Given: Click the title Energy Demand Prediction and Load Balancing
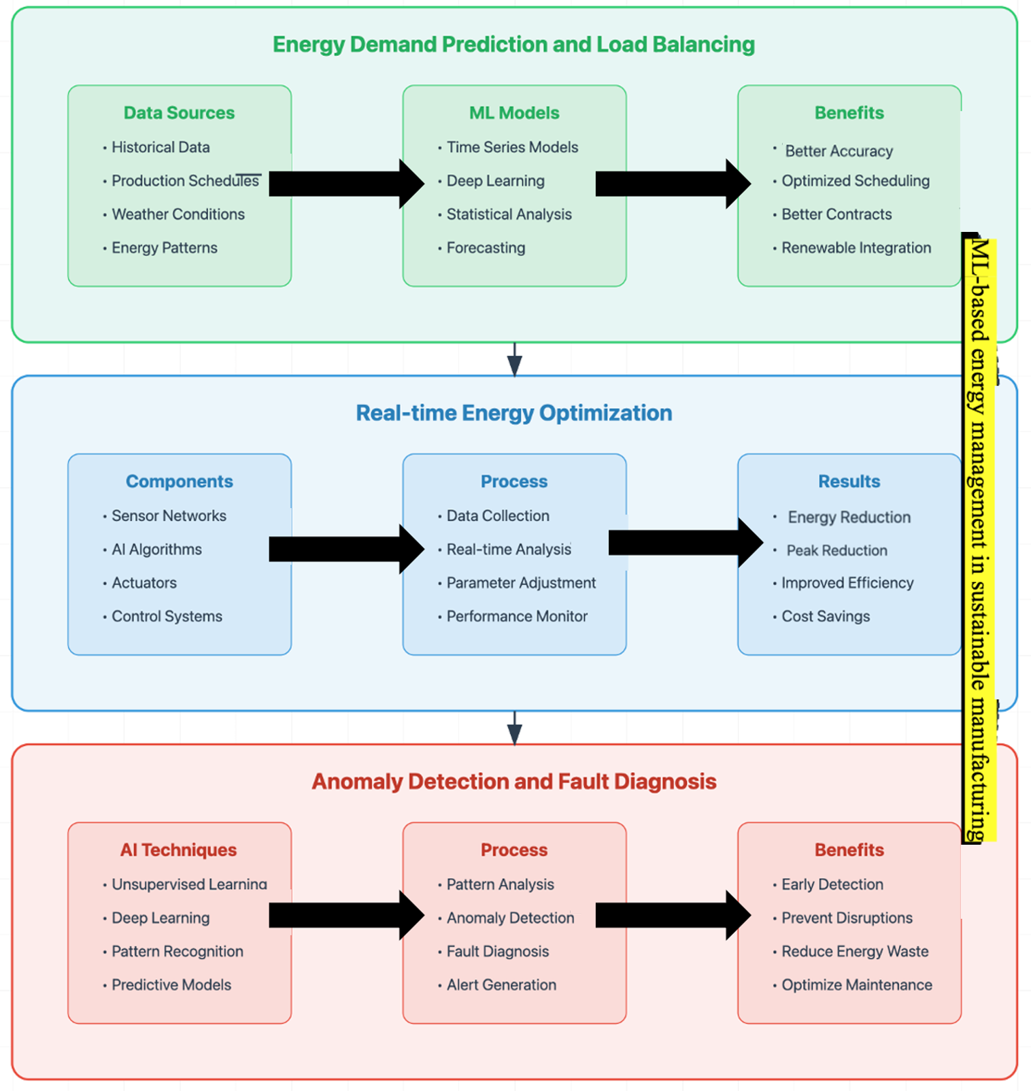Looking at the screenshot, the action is coord(513,45).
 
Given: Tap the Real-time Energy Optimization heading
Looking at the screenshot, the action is coord(514,413).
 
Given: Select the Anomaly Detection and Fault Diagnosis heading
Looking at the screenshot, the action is coord(514,782).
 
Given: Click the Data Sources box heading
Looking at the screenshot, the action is coord(179,113).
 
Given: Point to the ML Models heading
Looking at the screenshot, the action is coord(514,113).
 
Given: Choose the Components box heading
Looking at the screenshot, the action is coord(180,482).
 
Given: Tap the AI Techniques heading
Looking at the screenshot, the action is coord(178,850).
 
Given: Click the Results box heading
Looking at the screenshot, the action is coord(849,482).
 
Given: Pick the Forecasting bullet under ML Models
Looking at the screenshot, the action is coord(481,248).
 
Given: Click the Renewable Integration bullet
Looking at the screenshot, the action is coord(851,248).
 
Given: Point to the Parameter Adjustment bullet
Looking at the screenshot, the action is coord(517,583).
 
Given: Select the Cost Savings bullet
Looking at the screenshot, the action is coord(821,616).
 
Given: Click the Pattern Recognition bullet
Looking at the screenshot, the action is coord(173,952).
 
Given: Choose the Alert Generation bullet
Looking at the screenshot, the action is coord(497,985).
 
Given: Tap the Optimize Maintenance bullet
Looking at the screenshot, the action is coord(852,985).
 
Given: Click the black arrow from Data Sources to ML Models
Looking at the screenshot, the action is coord(347,184).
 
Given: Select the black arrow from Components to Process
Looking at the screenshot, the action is coord(347,549).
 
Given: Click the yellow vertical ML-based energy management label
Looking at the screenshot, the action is coord(979,539).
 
